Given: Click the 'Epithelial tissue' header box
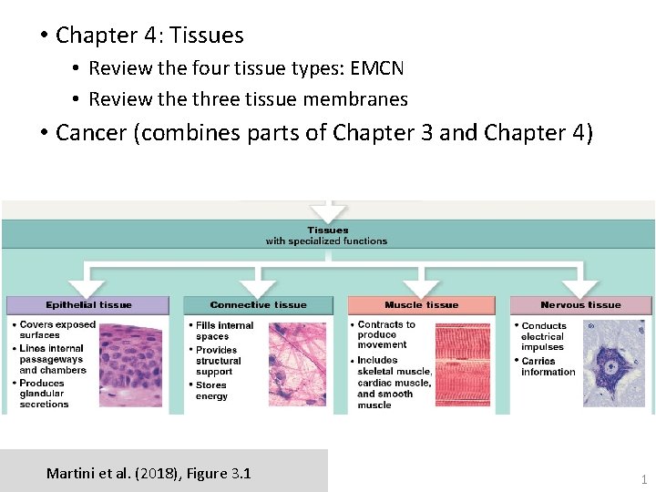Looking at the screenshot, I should pos(88,305).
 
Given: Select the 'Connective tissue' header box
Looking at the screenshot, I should pos(258,305).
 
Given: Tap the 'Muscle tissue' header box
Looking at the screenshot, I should pos(421,305).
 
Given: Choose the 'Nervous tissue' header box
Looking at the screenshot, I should pos(580,305).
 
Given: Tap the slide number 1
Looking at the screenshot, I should pos(643,479).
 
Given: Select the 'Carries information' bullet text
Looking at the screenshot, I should pos(548,366).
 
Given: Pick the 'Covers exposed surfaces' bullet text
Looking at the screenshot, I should pos(57,329).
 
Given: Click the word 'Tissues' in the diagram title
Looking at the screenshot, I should pos(327,231).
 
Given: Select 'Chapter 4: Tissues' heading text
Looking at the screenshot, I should pos(149,36).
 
